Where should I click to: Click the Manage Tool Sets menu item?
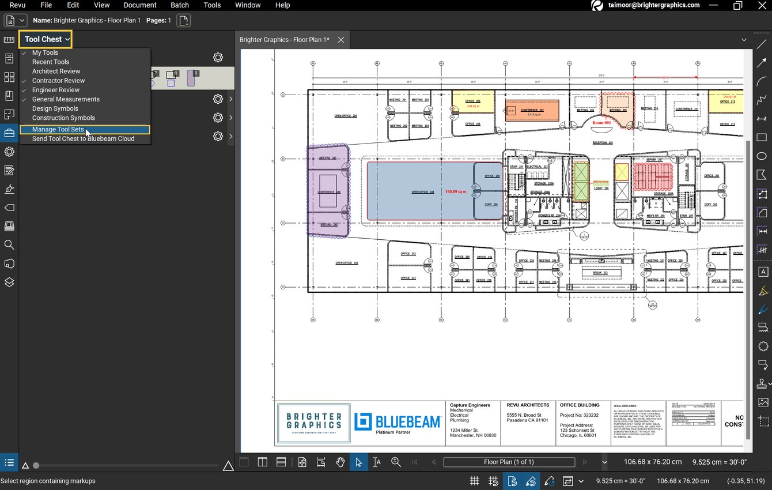tap(58, 130)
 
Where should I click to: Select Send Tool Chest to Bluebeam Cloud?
tap(83, 139)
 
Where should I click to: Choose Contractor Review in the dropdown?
tap(58, 81)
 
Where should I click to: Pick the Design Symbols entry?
tap(55, 108)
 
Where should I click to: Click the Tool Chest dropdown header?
tap(47, 39)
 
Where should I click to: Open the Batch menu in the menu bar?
tap(180, 5)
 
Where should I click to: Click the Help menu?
tap(282, 5)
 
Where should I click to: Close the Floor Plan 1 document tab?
tap(341, 40)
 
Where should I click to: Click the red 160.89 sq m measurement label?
tap(455, 191)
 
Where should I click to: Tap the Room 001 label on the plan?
tap(601, 123)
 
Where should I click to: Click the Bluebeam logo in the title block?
tap(398, 423)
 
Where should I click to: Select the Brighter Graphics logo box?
tap(314, 423)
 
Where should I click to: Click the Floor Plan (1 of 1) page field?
tap(509, 462)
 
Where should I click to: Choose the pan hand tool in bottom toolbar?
tap(340, 462)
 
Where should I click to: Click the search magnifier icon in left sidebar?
tap(9, 245)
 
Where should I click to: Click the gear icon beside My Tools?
tap(218, 58)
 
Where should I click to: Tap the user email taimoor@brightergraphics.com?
tap(653, 5)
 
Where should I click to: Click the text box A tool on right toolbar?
tap(763, 272)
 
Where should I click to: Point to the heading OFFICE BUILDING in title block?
tap(580, 405)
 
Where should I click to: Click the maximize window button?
tap(737, 5)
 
